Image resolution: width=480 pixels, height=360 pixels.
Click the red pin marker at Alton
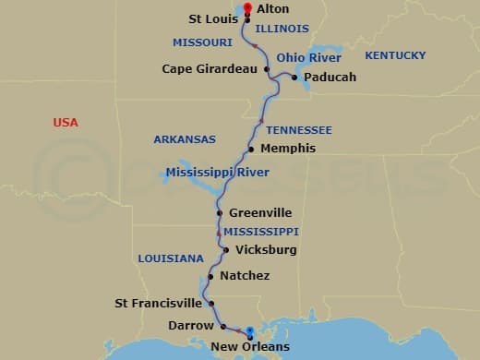point(246,8)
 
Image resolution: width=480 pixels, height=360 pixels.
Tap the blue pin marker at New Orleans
point(248,333)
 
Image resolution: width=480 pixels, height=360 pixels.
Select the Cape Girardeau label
point(210,68)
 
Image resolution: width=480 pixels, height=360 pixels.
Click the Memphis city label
point(288,148)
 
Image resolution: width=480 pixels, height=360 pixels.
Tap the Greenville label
point(260,212)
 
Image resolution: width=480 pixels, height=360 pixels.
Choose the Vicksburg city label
point(266,249)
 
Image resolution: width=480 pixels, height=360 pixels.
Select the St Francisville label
point(158,302)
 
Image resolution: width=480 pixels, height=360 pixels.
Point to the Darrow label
point(191,325)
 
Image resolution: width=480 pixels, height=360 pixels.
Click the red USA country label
point(66,123)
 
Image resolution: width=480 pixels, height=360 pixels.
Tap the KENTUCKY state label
point(395,56)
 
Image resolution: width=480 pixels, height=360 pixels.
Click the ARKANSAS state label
point(185,139)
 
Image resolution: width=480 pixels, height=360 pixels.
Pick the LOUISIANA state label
point(171,258)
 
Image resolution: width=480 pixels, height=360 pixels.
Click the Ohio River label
point(309,57)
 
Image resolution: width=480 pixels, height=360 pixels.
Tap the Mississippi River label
point(218,173)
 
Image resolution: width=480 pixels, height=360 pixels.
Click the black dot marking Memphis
point(251,149)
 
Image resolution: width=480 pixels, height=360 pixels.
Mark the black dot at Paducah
point(294,78)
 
